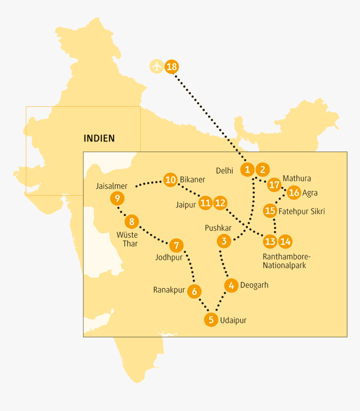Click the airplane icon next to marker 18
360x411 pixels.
point(157,67)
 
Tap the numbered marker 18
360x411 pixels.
point(172,67)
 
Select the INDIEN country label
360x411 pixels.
point(99,138)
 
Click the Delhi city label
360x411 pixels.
point(224,170)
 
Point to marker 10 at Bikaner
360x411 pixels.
point(170,180)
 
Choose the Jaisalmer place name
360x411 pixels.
point(111,186)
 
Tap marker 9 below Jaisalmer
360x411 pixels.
point(117,198)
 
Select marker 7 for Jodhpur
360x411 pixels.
point(176,245)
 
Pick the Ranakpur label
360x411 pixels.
point(169,290)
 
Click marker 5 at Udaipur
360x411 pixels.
point(211,320)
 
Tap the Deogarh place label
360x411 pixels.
point(254,285)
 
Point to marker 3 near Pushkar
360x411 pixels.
point(224,241)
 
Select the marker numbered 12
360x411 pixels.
point(220,203)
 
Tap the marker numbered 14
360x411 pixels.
point(285,241)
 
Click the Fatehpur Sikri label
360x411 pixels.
point(301,211)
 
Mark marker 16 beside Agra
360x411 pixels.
point(294,192)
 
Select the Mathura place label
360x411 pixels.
point(297,179)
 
